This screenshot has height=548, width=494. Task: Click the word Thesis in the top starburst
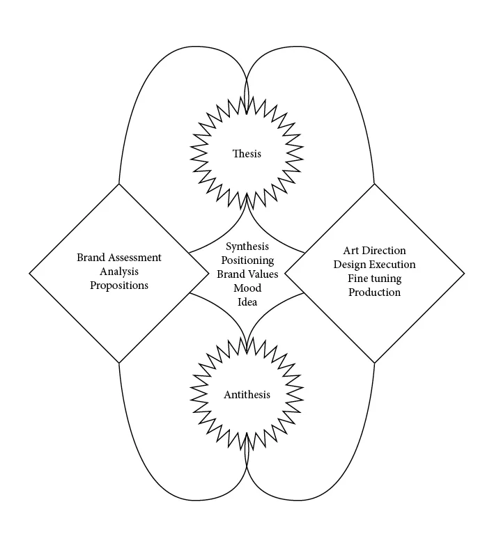tap(247, 153)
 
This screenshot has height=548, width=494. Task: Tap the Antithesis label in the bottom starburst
tap(247, 395)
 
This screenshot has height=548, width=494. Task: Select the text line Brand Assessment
tap(119, 258)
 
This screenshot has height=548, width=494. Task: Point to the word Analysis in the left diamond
tap(119, 272)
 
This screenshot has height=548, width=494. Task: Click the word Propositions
tap(119, 285)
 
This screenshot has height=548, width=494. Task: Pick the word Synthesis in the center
tap(247, 246)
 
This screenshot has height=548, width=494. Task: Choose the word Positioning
tap(247, 260)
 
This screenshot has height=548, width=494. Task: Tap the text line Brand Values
tap(247, 274)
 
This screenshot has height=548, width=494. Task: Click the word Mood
tap(247, 288)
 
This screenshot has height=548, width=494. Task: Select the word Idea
tap(247, 302)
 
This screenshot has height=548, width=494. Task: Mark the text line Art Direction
tap(374, 251)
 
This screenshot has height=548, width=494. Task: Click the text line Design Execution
tap(374, 265)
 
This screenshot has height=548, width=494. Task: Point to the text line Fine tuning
tap(374, 279)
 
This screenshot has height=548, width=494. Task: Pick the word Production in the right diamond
tap(374, 292)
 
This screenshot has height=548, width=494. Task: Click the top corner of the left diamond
tap(119, 184)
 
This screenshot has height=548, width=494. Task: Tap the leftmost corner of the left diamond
tap(29, 273)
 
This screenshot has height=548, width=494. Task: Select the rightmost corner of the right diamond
tap(464, 273)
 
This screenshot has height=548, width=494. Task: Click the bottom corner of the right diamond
tap(375, 363)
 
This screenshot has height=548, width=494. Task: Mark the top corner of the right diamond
tap(375, 184)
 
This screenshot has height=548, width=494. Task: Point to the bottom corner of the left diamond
tap(119, 363)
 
